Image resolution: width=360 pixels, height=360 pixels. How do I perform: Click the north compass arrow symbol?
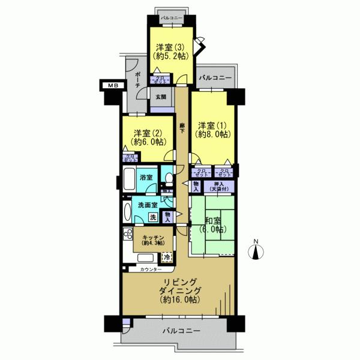(256, 250)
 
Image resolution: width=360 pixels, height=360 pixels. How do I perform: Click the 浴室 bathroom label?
(146, 178)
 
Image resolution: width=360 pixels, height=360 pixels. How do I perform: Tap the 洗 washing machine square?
(153, 217)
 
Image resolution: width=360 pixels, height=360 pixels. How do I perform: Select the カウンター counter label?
(150, 269)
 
